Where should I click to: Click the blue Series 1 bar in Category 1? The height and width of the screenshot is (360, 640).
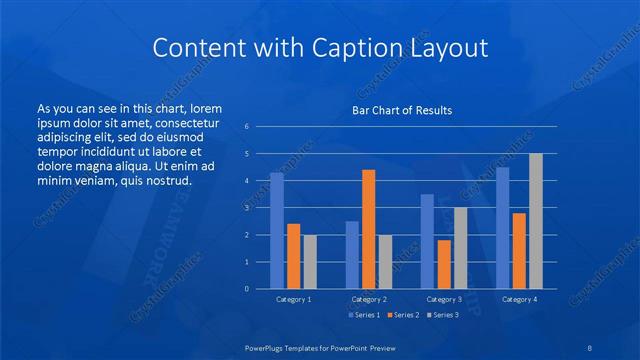[x=277, y=231]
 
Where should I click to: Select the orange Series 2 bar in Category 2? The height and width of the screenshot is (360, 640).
[x=368, y=229]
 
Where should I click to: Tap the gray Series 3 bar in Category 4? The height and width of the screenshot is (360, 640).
[x=535, y=221]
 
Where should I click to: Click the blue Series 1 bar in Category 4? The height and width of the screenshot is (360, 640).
[x=502, y=228]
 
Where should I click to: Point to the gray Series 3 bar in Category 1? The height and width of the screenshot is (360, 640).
[x=310, y=262]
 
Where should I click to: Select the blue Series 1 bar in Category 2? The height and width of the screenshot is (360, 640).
[x=352, y=255]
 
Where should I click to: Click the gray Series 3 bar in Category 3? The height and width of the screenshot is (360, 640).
[x=460, y=248]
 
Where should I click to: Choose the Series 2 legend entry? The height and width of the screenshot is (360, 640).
[x=403, y=315]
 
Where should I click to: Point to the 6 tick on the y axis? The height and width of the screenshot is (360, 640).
[x=246, y=126]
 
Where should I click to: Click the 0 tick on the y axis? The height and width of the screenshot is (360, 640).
[x=246, y=289]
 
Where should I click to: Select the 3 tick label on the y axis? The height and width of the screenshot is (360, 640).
[x=246, y=208]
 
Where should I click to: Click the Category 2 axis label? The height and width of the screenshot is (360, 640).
[x=368, y=299]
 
